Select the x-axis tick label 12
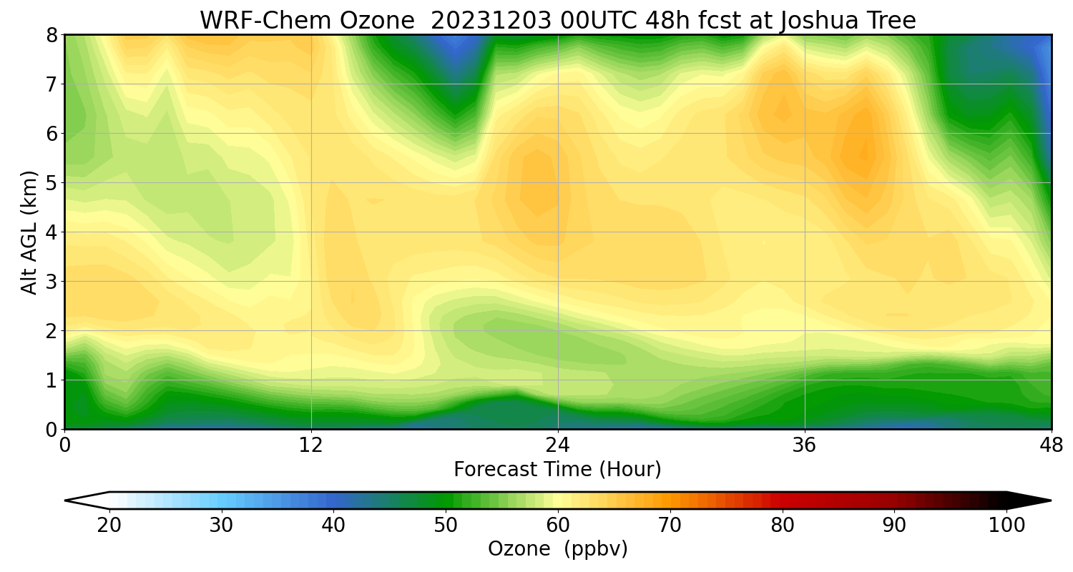pos(311,445)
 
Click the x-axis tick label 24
pos(558,445)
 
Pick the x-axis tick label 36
pos(805,445)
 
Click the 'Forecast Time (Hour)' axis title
pos(557,470)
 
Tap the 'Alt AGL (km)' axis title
pos(29,232)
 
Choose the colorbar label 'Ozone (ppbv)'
pos(557,549)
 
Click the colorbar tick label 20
pos(109,526)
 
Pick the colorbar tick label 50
pos(446,526)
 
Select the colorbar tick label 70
pos(670,526)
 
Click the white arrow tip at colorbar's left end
pos(79,500)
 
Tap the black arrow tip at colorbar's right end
pos(1037,500)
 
